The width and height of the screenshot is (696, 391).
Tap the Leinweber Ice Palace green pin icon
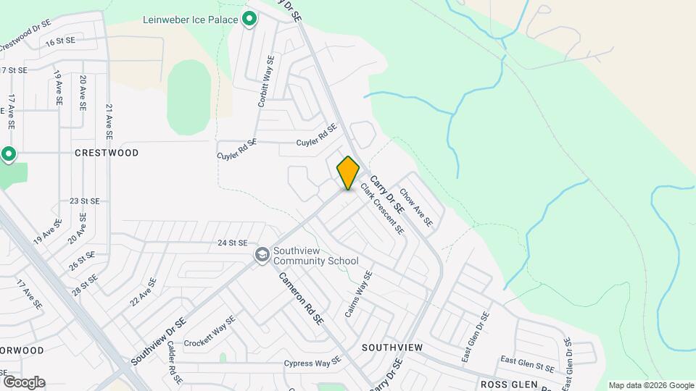pyautogui.click(x=249, y=20)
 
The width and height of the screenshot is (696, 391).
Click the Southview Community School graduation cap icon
pyautogui.click(x=261, y=255)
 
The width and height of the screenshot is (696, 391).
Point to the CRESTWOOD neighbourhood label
pyautogui.click(x=107, y=154)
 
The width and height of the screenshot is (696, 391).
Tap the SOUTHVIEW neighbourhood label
pyautogui.click(x=392, y=348)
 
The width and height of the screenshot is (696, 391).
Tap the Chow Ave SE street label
pyautogui.click(x=416, y=207)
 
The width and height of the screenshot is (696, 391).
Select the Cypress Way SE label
pyautogui.click(x=312, y=363)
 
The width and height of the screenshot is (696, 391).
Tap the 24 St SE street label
pyautogui.click(x=232, y=243)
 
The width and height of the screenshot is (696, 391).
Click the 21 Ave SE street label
pyautogui.click(x=109, y=122)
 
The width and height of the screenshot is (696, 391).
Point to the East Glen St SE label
pyautogui.click(x=526, y=360)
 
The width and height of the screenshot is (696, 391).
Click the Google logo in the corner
pyautogui.click(x=23, y=382)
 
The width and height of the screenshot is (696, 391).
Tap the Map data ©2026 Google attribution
pyautogui.click(x=651, y=385)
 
